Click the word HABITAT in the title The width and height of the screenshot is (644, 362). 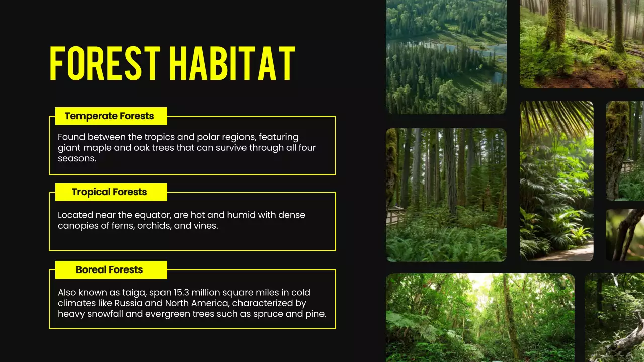click(x=232, y=64)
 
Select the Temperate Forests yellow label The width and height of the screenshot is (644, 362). click(x=109, y=116)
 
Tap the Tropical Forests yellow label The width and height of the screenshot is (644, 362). click(x=109, y=192)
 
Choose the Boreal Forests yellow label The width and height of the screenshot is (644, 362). click(x=109, y=270)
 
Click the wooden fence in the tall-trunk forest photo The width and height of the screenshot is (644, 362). click(x=395, y=216)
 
